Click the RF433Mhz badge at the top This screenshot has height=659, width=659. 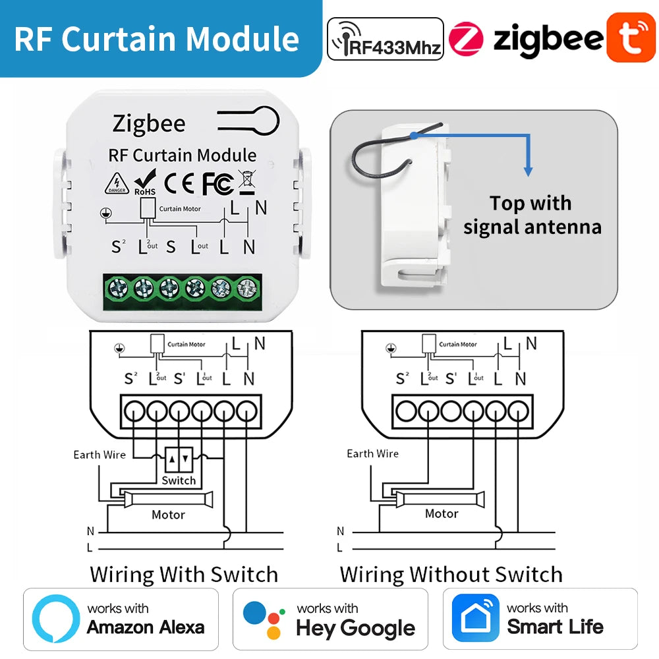click(x=386, y=40)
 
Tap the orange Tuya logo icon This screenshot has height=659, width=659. click(x=631, y=38)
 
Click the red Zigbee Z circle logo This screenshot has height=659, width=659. click(x=466, y=39)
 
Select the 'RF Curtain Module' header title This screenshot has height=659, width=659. click(x=157, y=38)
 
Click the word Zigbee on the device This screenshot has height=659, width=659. click(x=149, y=123)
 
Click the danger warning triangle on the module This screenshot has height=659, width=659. click(x=117, y=184)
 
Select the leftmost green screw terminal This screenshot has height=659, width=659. click(x=118, y=289)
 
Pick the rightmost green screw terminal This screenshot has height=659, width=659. click(x=246, y=289)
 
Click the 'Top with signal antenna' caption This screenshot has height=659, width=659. click(x=532, y=215)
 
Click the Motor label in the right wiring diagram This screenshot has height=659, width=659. click(x=442, y=513)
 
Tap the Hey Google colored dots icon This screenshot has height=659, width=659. click(x=264, y=619)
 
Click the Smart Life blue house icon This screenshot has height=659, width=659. click(x=475, y=619)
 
